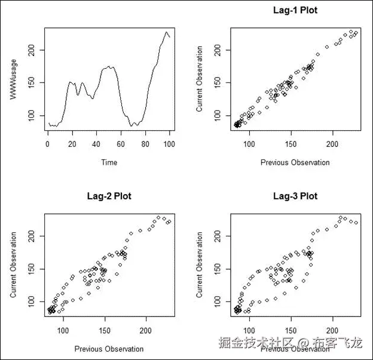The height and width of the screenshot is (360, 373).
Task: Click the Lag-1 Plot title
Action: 295,10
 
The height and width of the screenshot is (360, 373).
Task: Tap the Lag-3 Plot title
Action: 295,196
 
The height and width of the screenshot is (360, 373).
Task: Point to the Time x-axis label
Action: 109,162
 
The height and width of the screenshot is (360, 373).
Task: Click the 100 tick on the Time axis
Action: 170,144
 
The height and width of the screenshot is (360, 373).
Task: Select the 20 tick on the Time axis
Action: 72,144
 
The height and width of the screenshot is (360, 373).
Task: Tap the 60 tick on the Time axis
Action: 121,144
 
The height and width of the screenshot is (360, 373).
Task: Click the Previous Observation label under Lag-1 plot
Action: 295,162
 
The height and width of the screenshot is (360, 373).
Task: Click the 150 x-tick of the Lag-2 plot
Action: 105,330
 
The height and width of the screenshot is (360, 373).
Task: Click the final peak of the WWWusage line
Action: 167,32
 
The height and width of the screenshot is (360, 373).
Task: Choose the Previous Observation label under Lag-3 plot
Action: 295,348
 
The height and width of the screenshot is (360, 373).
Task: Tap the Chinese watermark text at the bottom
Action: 291,343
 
